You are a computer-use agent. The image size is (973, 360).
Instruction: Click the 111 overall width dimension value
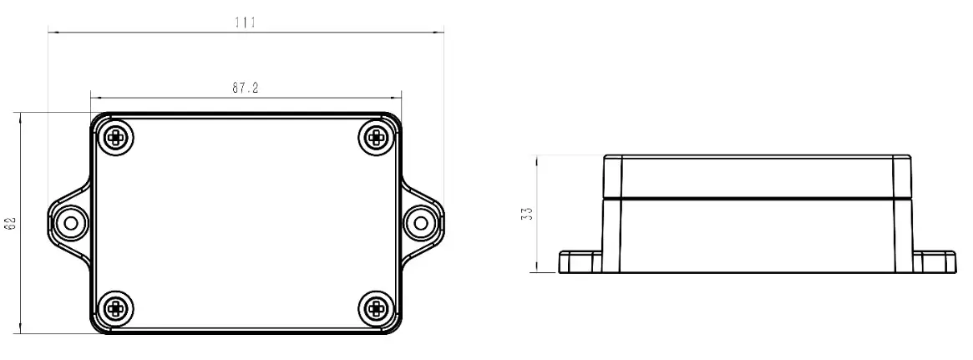244,23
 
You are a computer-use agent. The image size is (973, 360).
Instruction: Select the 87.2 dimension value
244,87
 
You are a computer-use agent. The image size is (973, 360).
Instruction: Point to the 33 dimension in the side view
526,214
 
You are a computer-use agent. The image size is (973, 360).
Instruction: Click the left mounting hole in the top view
70,223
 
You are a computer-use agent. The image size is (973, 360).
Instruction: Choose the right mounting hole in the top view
422,223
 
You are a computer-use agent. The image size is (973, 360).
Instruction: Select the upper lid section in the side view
758,176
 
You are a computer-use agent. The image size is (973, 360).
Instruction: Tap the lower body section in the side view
758,236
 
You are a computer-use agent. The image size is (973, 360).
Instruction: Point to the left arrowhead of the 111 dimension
52,33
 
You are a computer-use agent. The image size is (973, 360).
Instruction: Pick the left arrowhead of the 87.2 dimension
94,97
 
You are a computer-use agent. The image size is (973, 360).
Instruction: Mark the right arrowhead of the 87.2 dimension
398,97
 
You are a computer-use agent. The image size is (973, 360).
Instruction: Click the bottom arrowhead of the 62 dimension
21,331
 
